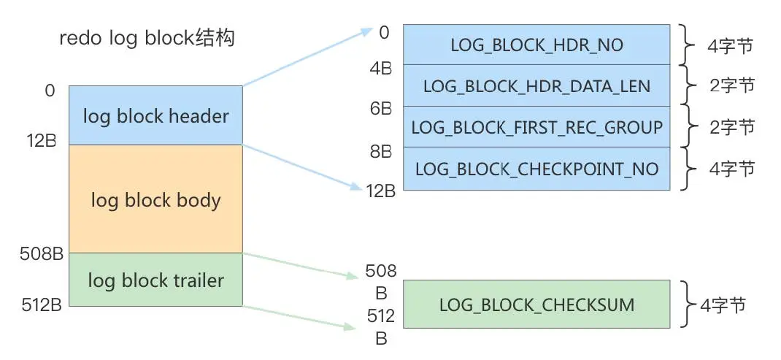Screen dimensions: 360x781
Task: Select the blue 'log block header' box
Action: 155,115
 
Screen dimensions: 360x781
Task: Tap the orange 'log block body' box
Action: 155,199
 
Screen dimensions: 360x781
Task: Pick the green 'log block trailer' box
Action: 155,280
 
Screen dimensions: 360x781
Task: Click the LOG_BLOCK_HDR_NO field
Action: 536,45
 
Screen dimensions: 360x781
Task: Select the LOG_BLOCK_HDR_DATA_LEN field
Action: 536,86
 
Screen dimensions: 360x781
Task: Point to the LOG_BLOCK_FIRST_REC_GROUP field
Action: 536,127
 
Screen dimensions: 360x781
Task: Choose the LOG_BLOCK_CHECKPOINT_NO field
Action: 536,169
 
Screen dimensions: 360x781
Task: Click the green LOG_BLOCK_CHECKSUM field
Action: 536,305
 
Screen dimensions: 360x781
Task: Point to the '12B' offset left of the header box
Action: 41,140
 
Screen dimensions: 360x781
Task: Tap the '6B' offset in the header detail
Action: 382,108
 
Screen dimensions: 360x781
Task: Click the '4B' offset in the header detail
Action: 382,68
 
